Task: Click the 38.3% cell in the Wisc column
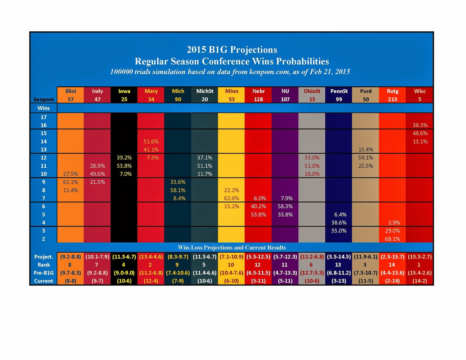[420, 125]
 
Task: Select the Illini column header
[70, 91]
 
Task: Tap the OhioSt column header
[312, 91]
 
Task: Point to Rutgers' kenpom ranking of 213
[392, 99]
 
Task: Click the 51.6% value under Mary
[151, 141]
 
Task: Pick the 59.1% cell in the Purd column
[366, 157]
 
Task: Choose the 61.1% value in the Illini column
[70, 182]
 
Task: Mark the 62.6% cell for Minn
[232, 198]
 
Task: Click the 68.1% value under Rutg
[392, 239]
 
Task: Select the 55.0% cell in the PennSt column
[339, 231]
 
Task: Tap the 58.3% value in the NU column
[285, 206]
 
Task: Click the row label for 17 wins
[43, 117]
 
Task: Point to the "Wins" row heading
[43, 108]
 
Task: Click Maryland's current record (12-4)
[151, 281]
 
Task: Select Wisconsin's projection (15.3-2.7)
[419, 257]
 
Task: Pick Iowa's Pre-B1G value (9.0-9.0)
[124, 273]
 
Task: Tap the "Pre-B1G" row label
[44, 273]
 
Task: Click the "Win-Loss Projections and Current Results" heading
[232, 248]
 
